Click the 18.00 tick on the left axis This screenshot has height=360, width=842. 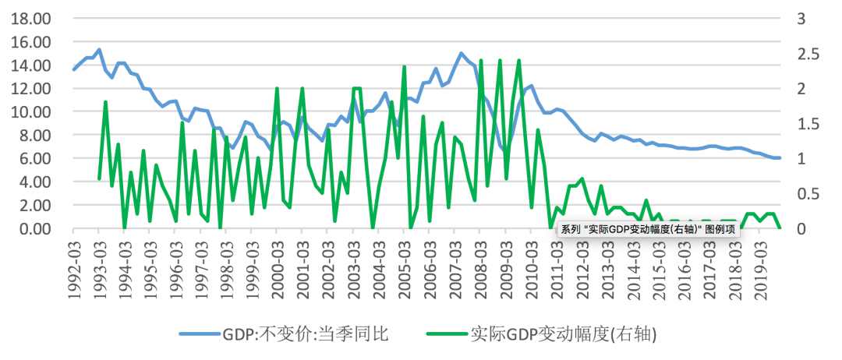coord(29,18)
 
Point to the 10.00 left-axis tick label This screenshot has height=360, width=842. coord(29,111)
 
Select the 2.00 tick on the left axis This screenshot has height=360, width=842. coord(32,205)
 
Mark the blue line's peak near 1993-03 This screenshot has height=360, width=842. coord(98,50)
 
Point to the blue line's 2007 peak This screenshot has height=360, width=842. coord(461,54)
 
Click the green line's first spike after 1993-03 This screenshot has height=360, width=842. coord(105,102)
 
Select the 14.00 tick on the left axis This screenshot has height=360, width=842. coord(29,65)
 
